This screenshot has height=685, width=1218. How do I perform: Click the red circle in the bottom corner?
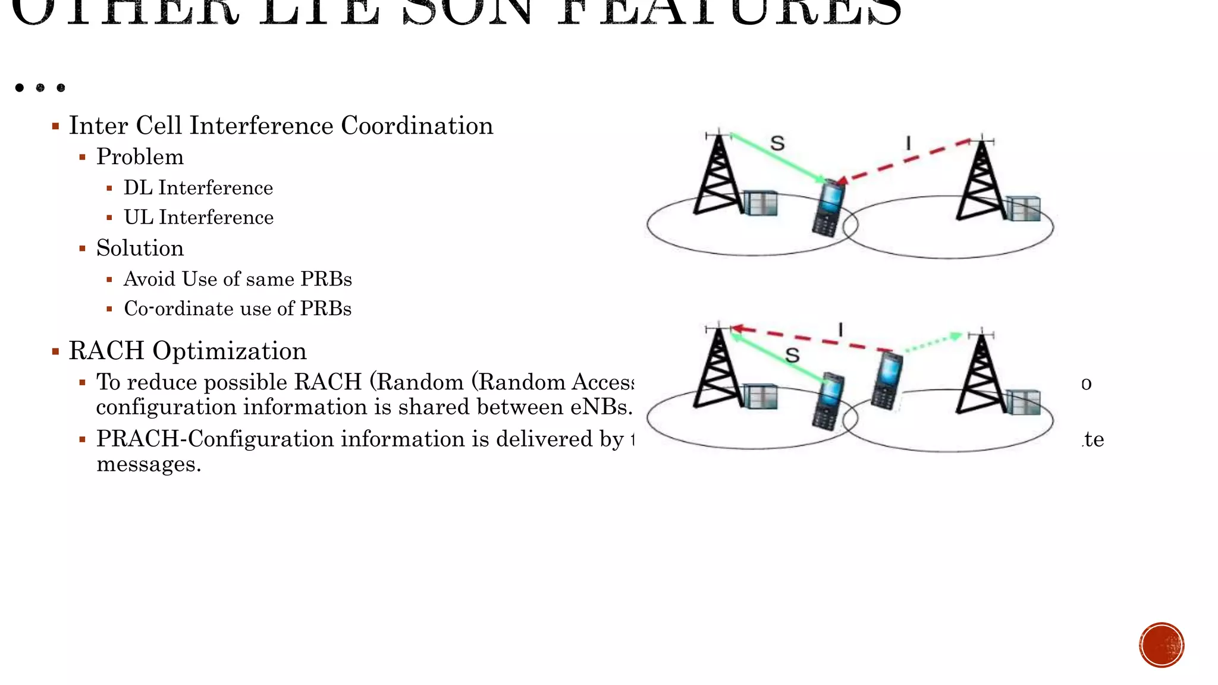[1162, 645]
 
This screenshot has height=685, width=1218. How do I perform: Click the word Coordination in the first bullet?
[417, 126]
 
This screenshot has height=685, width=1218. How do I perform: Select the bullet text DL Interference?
[198, 188]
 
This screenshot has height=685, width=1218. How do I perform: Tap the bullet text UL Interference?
[198, 218]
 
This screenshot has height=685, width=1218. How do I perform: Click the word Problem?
[140, 157]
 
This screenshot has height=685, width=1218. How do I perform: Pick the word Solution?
[140, 249]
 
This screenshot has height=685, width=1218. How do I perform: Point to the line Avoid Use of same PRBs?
[237, 279]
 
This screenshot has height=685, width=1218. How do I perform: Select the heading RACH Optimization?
[187, 351]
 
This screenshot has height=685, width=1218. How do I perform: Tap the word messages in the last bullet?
[149, 464]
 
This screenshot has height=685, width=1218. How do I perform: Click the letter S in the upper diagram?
[777, 143]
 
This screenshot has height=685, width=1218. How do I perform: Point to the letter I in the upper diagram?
[908, 143]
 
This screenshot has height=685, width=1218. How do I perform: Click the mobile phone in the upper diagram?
[828, 209]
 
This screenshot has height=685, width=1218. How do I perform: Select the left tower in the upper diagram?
[718, 175]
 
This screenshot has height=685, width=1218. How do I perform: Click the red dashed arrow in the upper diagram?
[904, 161]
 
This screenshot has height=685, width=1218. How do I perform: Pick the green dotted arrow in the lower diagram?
[932, 343]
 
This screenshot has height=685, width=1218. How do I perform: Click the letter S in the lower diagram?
[792, 356]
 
